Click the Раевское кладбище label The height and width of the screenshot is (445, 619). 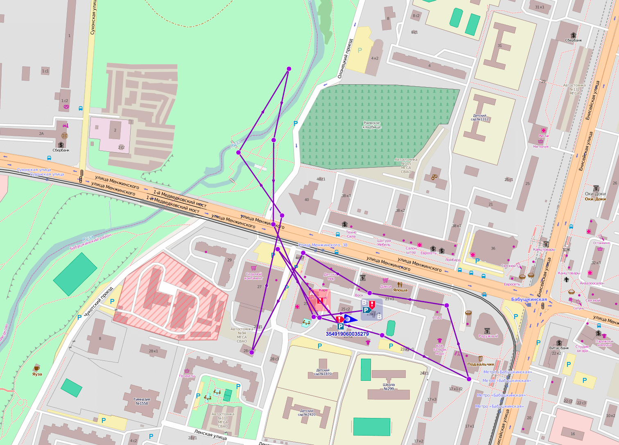pyautogui.click(x=372, y=125)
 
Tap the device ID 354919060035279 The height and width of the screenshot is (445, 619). pyautogui.click(x=347, y=334)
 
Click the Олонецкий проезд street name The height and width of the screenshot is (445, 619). pyautogui.click(x=345, y=58)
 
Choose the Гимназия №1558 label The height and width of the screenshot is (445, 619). pyautogui.click(x=142, y=401)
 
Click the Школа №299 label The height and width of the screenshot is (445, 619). pyautogui.click(x=389, y=387)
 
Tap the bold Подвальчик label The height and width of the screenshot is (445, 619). pyautogui.click(x=481, y=364)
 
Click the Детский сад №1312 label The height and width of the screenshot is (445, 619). pyautogui.click(x=481, y=117)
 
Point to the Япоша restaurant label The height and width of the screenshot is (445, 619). pyautogui.click(x=400, y=290)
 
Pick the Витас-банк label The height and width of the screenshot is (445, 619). pyautogui.click(x=559, y=348)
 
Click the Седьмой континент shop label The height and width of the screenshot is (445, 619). pyautogui.click(x=253, y=276)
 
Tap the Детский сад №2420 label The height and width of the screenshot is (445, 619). pyautogui.click(x=307, y=413)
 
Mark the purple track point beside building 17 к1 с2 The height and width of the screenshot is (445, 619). pyautogui.click(x=469, y=379)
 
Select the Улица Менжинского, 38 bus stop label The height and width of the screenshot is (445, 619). pyautogui.click(x=323, y=245)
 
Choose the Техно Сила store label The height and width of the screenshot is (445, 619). pyautogui.click(x=351, y=234)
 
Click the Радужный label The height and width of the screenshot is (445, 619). pyautogui.click(x=488, y=336)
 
